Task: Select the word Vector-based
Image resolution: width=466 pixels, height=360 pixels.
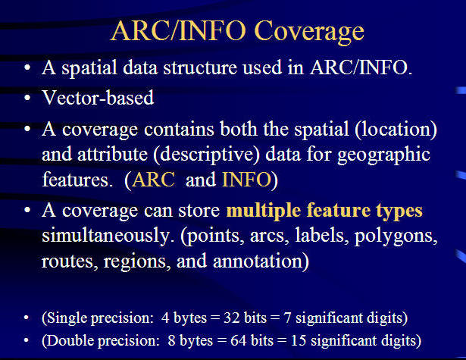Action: pos(98,97)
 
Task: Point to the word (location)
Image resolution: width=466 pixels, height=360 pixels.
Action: pos(396,130)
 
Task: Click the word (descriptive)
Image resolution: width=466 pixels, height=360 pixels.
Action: pos(207,155)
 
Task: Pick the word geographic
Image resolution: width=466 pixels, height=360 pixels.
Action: pos(383,155)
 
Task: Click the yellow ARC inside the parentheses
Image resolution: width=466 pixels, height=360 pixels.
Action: pos(154,180)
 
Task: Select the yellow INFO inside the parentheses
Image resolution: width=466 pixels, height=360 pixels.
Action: pos(247,180)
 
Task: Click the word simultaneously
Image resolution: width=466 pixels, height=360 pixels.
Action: pos(108,236)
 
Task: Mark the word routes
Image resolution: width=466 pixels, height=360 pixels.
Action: pos(70,261)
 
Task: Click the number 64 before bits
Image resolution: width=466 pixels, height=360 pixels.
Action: pos(239,340)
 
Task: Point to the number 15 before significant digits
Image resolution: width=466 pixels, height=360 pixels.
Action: pos(299,340)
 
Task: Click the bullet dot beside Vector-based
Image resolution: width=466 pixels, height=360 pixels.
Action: pos(27,98)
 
